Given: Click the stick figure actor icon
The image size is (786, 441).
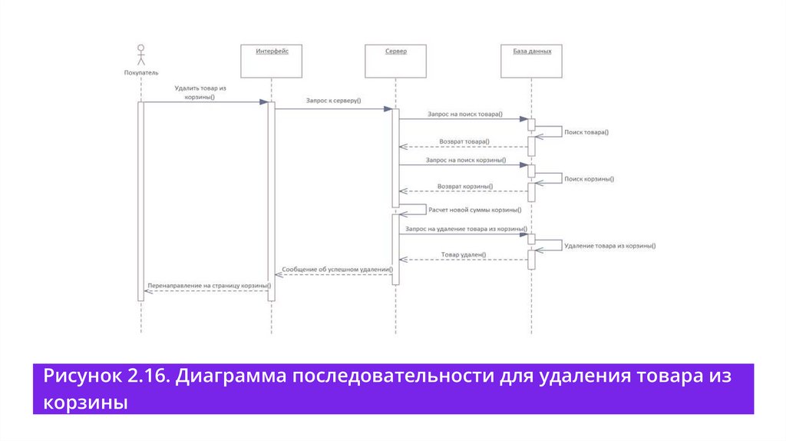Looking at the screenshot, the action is point(140,55).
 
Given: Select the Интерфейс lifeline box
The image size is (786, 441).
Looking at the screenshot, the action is point(271,61).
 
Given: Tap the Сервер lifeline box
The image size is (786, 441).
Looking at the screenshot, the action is point(396,61).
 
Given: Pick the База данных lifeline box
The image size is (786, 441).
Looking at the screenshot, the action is point(531,61).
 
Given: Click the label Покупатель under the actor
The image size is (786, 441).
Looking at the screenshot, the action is point(140,72).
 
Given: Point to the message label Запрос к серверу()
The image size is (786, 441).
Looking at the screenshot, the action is point(333,101).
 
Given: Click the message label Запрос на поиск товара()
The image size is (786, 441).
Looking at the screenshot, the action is point(465,114).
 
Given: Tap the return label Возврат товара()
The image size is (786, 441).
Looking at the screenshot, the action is point(464,142).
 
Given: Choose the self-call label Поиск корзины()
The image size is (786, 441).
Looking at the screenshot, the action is point(589,178).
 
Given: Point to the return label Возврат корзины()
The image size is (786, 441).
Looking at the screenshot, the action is point(465,187).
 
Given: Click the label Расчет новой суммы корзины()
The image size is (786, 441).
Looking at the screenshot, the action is point(475,209).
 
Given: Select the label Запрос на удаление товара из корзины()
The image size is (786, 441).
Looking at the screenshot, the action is point(465,229).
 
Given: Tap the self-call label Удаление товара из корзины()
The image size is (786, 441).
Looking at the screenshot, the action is point(609,246).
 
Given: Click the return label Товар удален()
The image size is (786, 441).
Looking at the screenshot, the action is point(464,254).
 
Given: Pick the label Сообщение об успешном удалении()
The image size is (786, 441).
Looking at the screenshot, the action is point(337,270).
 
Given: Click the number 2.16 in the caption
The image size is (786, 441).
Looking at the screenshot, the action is point(144,376).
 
